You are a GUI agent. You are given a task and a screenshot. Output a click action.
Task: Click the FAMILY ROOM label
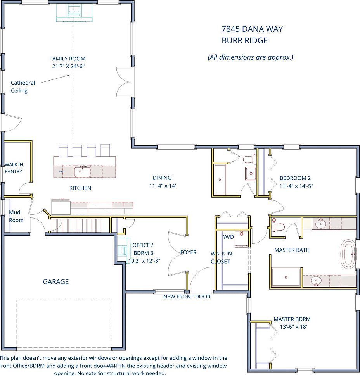[67, 59]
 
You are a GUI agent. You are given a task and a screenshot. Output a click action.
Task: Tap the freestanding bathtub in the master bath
[348, 254]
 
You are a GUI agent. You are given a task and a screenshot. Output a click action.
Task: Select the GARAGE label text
[56, 282]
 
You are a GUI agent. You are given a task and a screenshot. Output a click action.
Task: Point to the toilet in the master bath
[277, 226]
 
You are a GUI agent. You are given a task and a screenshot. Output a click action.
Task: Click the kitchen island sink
[82, 171]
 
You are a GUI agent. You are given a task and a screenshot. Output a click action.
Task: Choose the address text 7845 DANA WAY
[252, 29]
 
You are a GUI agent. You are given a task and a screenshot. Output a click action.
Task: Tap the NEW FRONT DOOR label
[187, 297]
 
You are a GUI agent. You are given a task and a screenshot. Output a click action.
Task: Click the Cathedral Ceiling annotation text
[22, 86]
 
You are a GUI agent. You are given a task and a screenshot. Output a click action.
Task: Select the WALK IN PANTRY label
[14, 168]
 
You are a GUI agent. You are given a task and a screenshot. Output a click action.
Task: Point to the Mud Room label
[16, 216]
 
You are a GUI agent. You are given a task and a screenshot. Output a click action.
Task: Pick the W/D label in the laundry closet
[228, 237]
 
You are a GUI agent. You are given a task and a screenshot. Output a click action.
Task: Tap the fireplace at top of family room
[74, 12]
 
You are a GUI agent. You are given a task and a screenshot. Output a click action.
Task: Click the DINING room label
[162, 178]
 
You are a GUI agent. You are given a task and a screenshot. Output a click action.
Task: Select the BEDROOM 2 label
[295, 178]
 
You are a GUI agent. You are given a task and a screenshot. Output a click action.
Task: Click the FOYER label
[189, 252]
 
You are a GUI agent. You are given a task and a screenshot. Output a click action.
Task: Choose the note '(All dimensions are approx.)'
[251, 57]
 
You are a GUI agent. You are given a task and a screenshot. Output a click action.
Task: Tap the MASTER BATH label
[292, 250]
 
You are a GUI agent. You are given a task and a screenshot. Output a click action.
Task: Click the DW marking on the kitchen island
[61, 171]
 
